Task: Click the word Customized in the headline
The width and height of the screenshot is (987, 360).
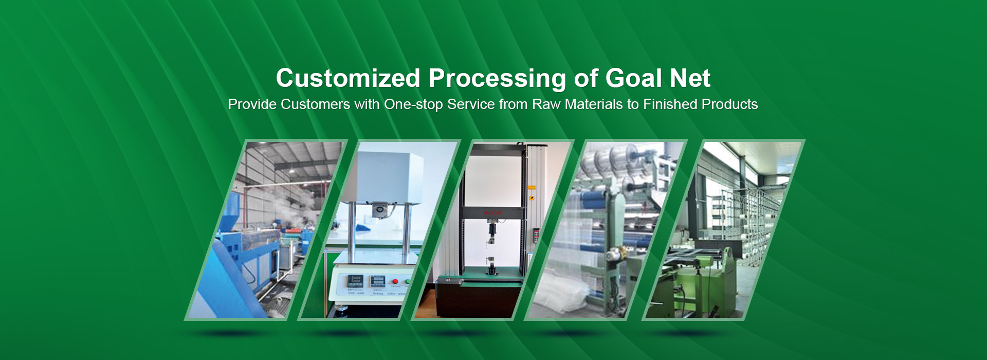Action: [348, 78]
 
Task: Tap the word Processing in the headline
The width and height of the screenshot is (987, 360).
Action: [497, 79]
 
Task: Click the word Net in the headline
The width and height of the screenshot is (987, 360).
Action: [690, 78]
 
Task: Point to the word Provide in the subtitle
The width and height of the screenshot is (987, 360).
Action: [252, 104]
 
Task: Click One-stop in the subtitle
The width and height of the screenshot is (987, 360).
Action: [413, 104]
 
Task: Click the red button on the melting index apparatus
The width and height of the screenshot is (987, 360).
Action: [395, 282]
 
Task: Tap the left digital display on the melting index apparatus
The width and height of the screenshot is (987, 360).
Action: [355, 281]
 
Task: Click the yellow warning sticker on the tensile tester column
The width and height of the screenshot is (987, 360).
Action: [532, 188]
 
